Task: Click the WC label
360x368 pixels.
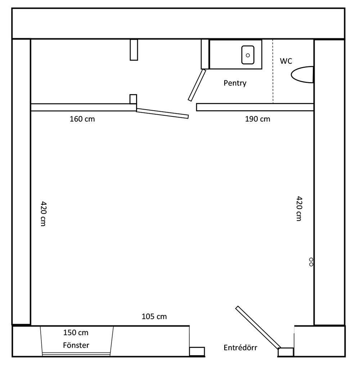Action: (x=286, y=61)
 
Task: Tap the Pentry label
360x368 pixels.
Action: (x=235, y=83)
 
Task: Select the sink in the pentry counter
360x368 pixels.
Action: (x=248, y=55)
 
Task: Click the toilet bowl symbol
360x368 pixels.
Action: (x=302, y=75)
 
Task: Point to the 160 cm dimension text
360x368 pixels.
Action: (x=82, y=119)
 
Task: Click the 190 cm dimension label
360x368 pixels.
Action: (x=257, y=119)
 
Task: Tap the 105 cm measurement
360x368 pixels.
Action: (x=154, y=316)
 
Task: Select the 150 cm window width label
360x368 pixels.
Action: (x=76, y=333)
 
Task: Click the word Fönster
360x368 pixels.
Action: (x=76, y=345)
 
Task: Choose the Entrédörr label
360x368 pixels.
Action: (x=240, y=347)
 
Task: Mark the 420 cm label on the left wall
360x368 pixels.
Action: (x=43, y=213)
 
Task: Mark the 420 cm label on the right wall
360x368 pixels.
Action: (x=299, y=209)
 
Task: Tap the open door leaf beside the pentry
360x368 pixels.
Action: (x=197, y=85)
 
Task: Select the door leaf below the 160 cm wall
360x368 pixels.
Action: (x=162, y=114)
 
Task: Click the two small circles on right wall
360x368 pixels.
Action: (x=311, y=262)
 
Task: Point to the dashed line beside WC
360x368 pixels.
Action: (x=273, y=71)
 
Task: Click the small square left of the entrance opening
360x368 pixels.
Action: (x=197, y=351)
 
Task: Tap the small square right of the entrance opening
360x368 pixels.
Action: (x=286, y=352)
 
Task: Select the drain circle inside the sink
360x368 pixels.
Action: (x=248, y=56)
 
